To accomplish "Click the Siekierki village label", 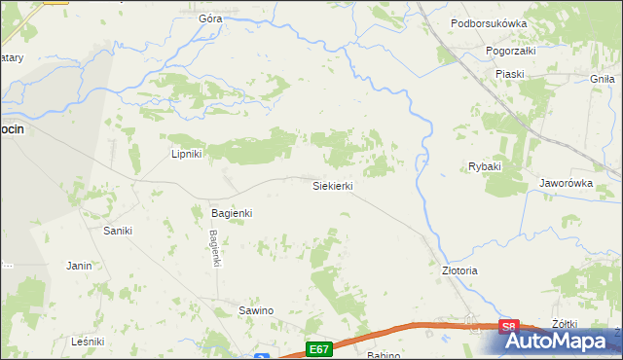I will point(331,185).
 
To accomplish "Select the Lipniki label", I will point(186,154).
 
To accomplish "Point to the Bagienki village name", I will point(232,212).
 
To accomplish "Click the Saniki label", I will point(118,231).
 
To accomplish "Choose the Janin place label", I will point(79,265).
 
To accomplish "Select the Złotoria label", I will point(460,270).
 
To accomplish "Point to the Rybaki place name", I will point(484,166).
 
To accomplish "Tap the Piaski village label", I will point(509,74).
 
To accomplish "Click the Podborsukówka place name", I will point(516,23).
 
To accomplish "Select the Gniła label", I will point(604,77).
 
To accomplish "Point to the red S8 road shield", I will point(509,328).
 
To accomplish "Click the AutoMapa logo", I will point(556,341).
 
